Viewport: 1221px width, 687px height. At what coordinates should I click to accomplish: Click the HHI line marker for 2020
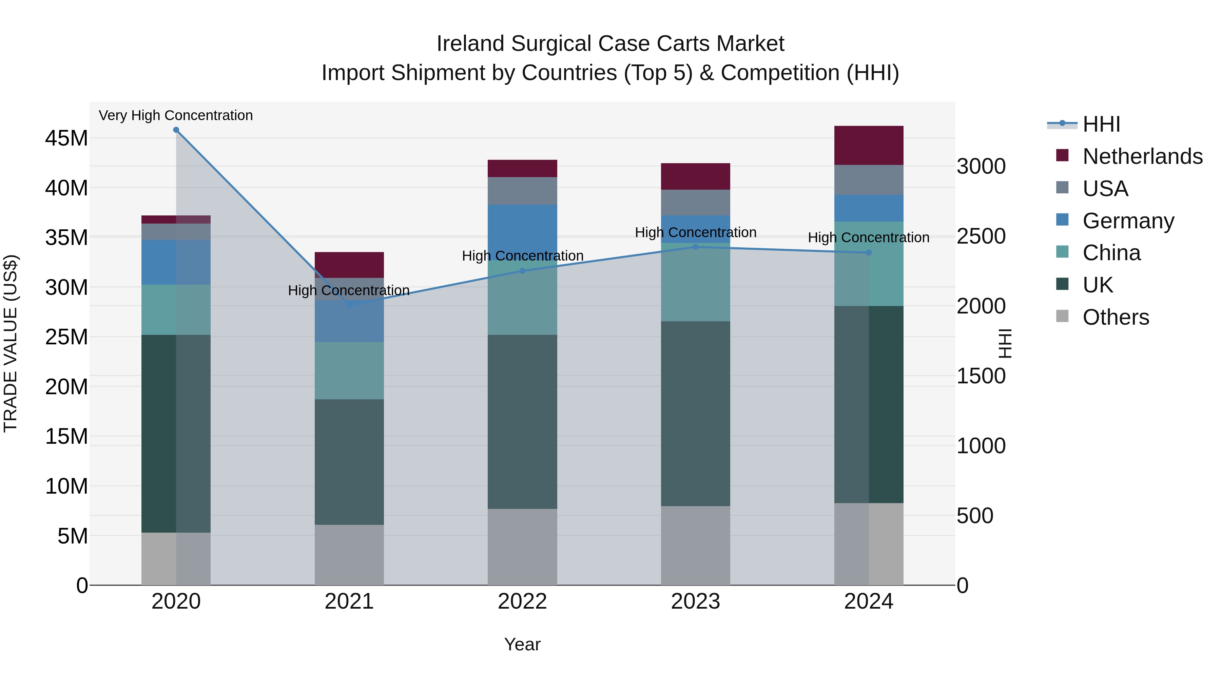click(176, 130)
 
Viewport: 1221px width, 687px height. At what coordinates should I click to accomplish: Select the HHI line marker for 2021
click(349, 305)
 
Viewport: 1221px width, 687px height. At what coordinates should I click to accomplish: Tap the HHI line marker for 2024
click(868, 253)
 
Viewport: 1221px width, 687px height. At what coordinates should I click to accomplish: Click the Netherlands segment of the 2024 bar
click(868, 146)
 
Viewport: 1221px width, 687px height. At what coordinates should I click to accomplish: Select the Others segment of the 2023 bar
click(695, 545)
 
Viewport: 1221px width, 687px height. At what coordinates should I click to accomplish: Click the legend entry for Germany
click(1128, 221)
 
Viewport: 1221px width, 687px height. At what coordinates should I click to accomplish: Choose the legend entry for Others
click(1115, 317)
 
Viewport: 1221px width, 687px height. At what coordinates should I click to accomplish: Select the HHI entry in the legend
click(1101, 124)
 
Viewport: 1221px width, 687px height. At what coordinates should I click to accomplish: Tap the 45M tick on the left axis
click(66, 138)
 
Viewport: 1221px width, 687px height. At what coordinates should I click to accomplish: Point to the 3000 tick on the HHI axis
click(981, 167)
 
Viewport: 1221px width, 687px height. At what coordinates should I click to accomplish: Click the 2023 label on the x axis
click(695, 602)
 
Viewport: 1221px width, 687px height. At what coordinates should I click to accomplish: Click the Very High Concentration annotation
click(176, 115)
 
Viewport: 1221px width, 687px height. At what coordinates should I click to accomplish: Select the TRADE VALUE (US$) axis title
click(11, 343)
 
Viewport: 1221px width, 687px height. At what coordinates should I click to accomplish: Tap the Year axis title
click(522, 644)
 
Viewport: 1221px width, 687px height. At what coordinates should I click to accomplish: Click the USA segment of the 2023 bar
click(695, 203)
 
